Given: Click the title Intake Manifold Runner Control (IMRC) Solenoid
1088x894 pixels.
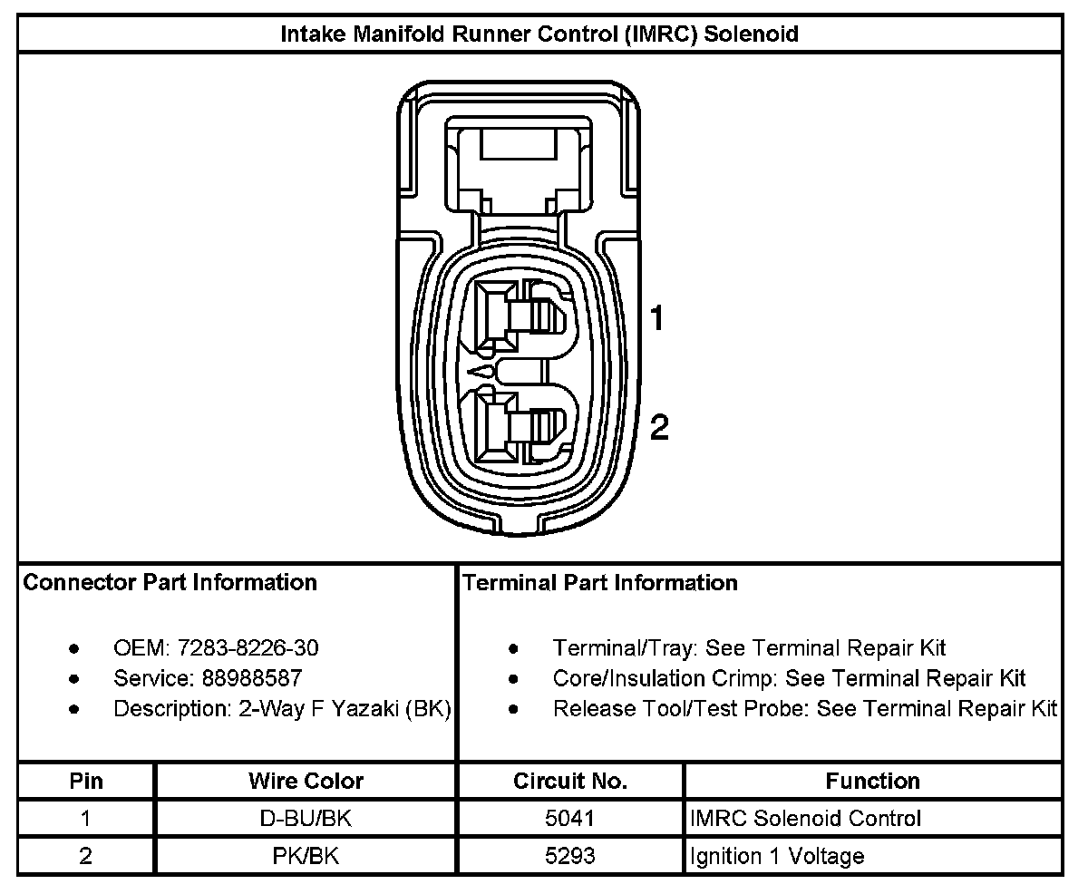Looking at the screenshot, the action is click(x=539, y=34).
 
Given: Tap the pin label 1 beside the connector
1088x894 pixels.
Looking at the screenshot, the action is click(x=658, y=318).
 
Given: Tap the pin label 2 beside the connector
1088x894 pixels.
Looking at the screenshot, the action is click(x=659, y=427).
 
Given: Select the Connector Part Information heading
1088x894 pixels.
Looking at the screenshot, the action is click(x=170, y=582).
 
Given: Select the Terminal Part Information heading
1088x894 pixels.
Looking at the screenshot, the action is click(x=600, y=582).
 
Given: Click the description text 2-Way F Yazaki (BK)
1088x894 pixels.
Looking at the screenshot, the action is click(x=344, y=708).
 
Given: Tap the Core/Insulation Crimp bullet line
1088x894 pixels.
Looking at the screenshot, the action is click(x=789, y=678).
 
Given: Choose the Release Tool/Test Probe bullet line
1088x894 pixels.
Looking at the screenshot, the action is click(x=805, y=708).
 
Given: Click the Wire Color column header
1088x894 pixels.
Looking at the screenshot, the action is click(x=306, y=781).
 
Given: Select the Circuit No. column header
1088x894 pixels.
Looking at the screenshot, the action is click(x=570, y=781).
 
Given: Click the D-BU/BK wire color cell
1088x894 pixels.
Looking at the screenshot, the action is click(x=306, y=819).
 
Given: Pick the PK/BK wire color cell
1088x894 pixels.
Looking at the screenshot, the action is click(x=306, y=856).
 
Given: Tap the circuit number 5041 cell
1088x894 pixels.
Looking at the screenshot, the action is click(x=570, y=819).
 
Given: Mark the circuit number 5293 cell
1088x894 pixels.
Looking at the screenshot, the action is click(x=570, y=856).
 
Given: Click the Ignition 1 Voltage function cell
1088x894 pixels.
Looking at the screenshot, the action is click(x=777, y=856).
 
